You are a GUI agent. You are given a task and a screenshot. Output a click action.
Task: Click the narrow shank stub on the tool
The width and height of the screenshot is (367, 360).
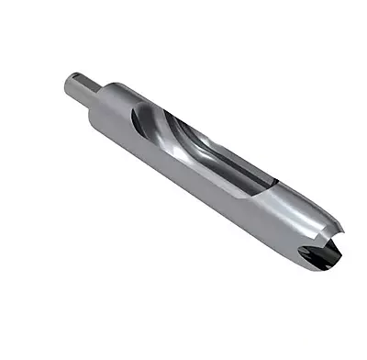[80, 90]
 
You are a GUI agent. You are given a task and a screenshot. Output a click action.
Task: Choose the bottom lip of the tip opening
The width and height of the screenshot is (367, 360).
[317, 267]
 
